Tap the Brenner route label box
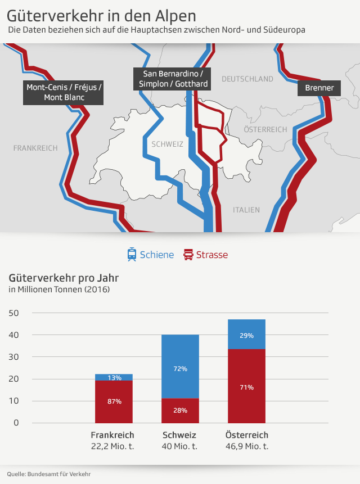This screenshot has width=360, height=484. (x=319, y=88)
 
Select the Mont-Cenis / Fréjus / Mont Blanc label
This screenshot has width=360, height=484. (x=63, y=92)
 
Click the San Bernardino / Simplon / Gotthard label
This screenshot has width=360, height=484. (x=173, y=79)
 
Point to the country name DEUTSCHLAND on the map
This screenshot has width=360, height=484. (x=247, y=79)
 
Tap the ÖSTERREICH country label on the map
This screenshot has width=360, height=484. (x=265, y=129)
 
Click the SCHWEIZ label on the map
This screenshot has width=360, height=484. (x=168, y=144)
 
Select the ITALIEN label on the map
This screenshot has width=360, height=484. (x=246, y=210)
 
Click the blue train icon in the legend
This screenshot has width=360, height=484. (x=132, y=255)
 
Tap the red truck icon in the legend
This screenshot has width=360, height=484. (x=188, y=255)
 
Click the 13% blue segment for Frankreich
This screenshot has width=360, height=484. (x=114, y=377)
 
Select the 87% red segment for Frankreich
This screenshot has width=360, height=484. (x=114, y=401)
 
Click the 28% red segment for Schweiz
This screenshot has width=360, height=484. (x=180, y=410)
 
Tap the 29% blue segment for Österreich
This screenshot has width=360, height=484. (x=246, y=334)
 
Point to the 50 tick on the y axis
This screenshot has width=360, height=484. (x=14, y=313)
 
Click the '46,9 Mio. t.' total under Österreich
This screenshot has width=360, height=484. (x=247, y=446)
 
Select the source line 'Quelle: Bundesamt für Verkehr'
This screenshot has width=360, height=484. (x=49, y=474)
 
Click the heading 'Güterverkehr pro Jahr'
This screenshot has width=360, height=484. (x=64, y=278)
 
